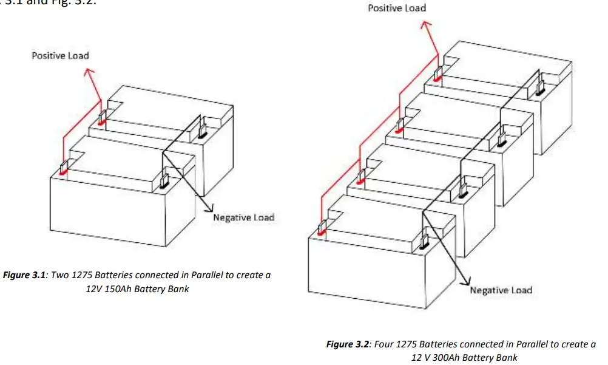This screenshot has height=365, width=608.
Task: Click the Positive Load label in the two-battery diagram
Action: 60,56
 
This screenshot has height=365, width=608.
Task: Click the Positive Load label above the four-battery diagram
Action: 397,9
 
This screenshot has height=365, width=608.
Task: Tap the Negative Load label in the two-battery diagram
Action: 243,217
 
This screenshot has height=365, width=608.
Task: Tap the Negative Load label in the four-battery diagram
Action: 501,290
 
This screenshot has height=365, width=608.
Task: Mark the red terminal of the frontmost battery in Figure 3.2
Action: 322,230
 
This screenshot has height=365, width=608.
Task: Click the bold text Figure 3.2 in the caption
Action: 348,344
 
